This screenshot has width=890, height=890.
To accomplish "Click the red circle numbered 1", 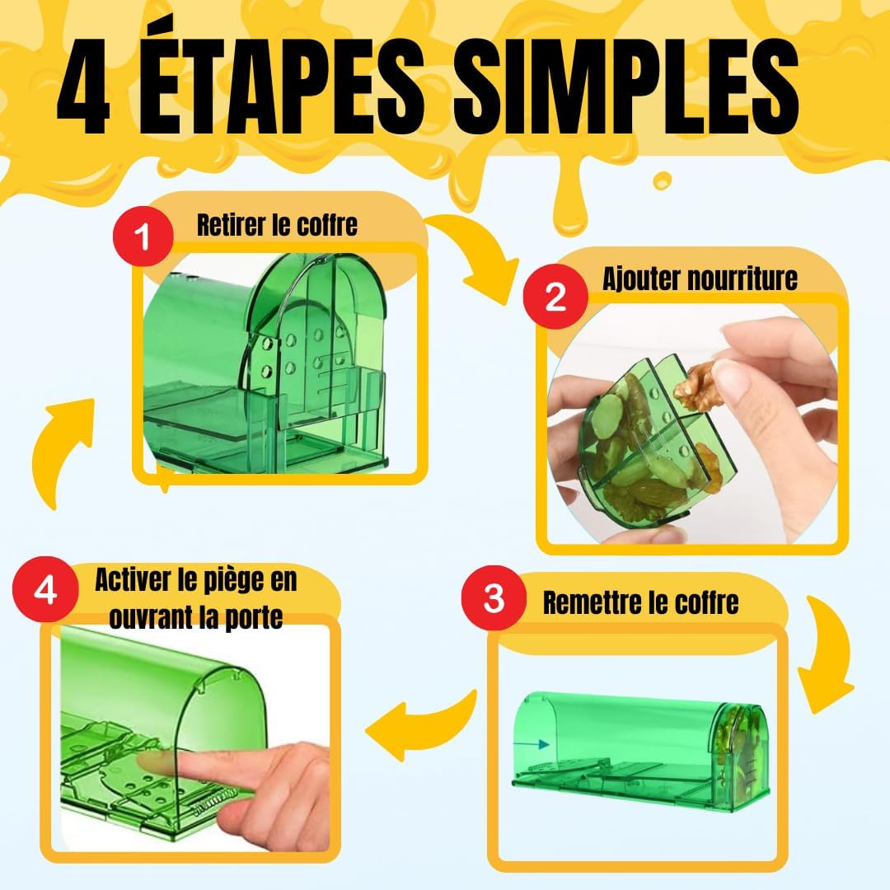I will click(x=143, y=239).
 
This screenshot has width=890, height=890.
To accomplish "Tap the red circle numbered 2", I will click(x=555, y=295).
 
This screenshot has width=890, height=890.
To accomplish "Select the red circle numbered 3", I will click(x=494, y=599).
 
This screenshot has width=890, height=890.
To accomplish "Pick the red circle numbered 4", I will click(x=46, y=591).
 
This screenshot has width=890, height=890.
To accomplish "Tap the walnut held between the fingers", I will click(x=701, y=386).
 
